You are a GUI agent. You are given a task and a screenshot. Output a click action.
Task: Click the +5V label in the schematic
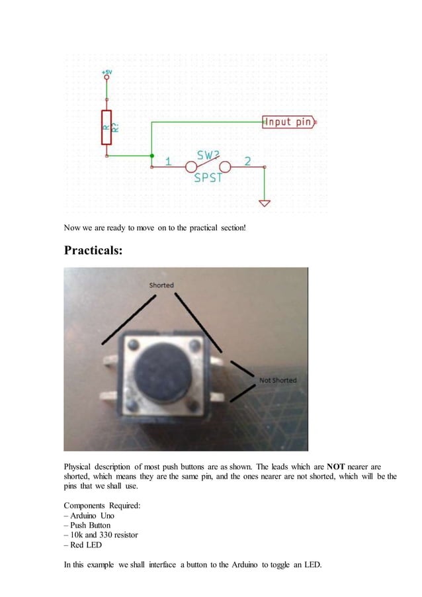(106, 71)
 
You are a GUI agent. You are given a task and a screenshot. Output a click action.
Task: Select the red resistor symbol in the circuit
(106, 127)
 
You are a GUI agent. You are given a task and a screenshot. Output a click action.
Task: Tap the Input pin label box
(288, 122)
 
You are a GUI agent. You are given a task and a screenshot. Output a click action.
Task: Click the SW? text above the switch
(209, 153)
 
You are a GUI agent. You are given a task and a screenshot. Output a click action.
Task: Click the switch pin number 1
(169, 161)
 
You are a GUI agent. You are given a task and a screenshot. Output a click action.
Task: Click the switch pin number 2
(247, 161)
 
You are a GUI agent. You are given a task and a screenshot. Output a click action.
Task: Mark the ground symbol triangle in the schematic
(265, 203)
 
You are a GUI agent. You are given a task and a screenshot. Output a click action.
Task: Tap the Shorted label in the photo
(161, 285)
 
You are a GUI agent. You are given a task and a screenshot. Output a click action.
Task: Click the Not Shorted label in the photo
(278, 381)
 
